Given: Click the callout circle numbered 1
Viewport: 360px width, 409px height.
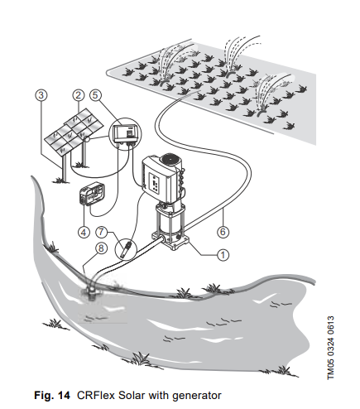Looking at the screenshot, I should tap(223, 255).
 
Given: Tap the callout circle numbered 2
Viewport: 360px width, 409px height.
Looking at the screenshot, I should tap(78, 95).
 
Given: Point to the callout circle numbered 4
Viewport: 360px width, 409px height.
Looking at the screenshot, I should tap(84, 231).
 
